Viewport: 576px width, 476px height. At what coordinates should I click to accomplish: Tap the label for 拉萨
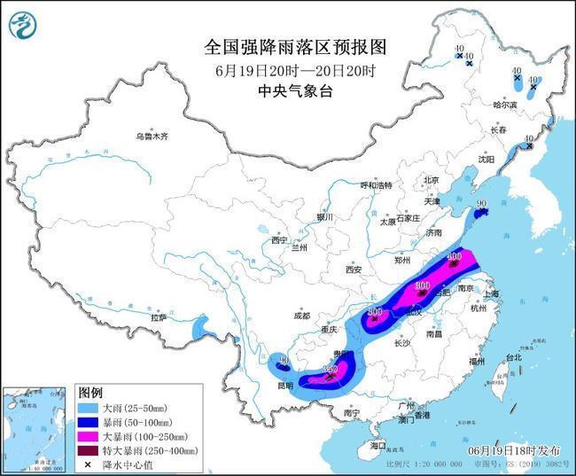pyautogui.click(x=158, y=316)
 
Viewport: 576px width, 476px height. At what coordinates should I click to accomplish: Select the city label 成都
pyautogui.click(x=302, y=316)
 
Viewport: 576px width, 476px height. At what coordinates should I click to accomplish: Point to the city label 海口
pyautogui.click(x=380, y=444)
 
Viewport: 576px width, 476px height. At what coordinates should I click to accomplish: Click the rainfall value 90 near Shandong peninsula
pyautogui.click(x=482, y=205)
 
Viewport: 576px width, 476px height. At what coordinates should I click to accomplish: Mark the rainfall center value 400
pyautogui.click(x=454, y=258)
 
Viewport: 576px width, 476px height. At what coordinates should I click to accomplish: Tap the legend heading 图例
pyautogui.click(x=90, y=391)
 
